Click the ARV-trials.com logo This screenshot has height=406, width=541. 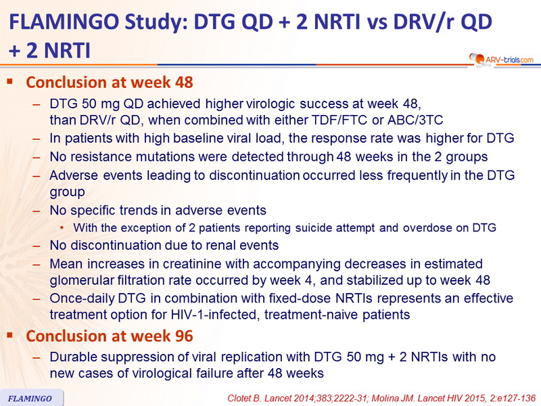(501, 60)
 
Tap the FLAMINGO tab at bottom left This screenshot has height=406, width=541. (30, 398)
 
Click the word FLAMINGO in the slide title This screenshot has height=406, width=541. (64, 22)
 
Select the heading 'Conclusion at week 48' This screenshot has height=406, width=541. (110, 83)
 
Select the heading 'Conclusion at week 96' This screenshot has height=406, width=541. (110, 336)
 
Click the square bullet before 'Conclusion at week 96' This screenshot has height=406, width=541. (9, 335)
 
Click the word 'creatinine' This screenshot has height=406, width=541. (192, 264)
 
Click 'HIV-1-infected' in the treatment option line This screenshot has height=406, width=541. (215, 315)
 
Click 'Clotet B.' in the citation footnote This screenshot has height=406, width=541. (244, 399)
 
